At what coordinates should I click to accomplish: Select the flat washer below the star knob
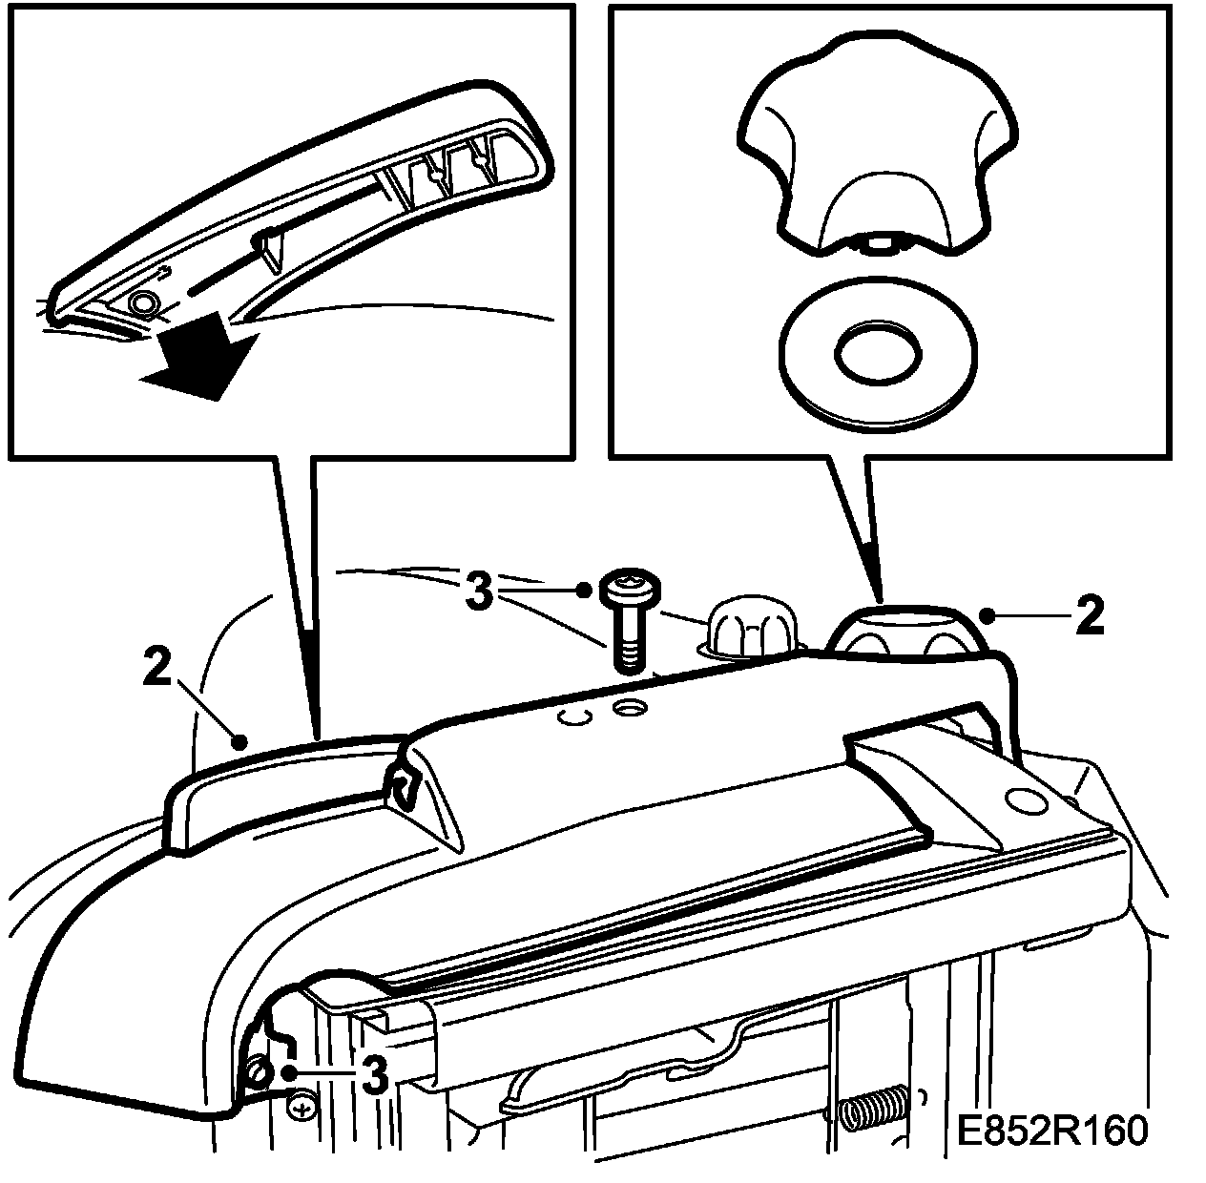[x=878, y=357]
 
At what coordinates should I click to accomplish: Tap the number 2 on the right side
[x=1088, y=617]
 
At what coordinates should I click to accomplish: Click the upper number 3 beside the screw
[x=481, y=591]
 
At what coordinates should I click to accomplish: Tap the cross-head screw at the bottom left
[x=301, y=1108]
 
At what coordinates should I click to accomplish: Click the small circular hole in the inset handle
[x=145, y=303]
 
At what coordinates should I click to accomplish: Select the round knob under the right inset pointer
[x=906, y=634]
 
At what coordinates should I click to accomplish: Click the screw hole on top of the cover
[x=630, y=708]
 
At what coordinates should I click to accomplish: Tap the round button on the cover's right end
[x=1025, y=799]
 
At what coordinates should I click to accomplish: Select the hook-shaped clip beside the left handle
[x=404, y=784]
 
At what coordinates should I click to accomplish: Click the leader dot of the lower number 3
[x=288, y=1073]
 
